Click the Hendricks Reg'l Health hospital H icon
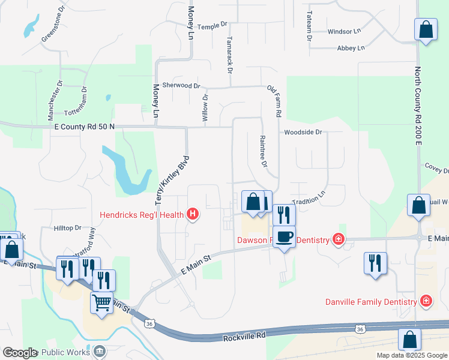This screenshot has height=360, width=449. coord(193,214)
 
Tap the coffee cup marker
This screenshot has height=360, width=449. coord(284,237)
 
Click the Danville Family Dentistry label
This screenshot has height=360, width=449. coord(371,301)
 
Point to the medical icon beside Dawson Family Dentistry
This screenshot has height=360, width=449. coord(339,240)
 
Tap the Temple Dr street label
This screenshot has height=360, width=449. coord(213,26)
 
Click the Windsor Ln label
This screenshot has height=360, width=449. coord(344,31)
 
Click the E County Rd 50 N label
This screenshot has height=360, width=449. coord(84,127)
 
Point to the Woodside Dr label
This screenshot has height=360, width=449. coord(303,132)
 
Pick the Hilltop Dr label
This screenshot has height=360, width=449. coord(67,228)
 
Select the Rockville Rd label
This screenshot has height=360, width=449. coord(243,337)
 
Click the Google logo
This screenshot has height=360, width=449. coord(20,353)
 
